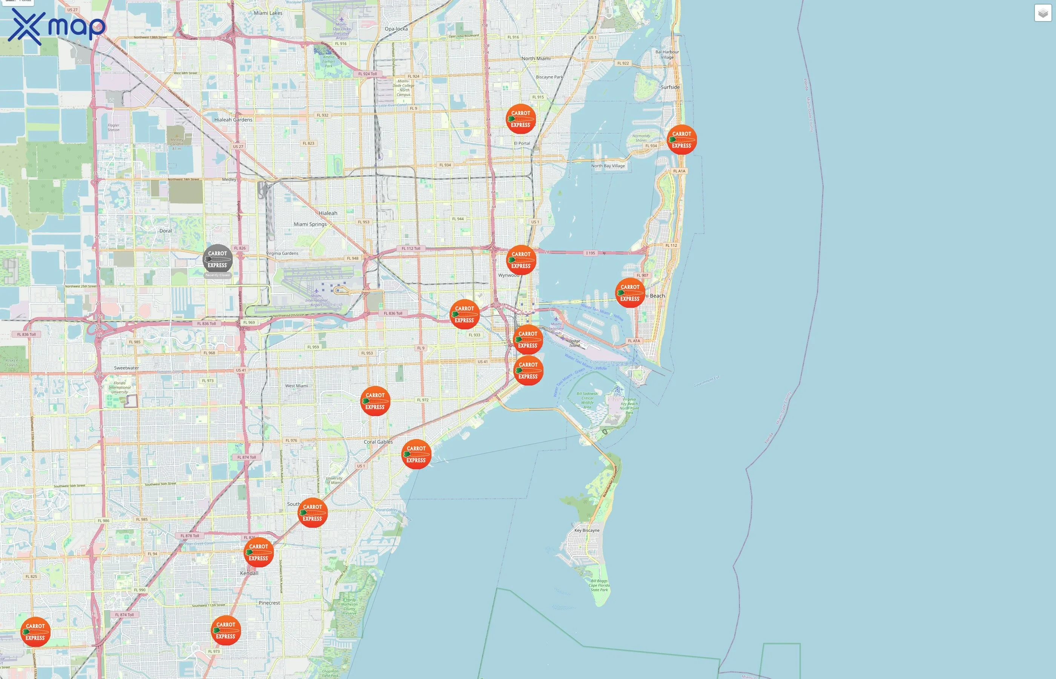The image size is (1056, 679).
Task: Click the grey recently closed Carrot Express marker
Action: tap(217, 259)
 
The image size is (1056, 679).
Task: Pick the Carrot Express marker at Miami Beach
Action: tap(630, 293)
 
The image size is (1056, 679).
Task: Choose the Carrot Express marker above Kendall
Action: tap(258, 552)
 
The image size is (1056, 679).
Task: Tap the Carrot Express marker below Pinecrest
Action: tap(226, 630)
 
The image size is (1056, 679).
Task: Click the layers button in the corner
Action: tap(1043, 13)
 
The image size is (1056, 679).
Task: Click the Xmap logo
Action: tap(57, 26)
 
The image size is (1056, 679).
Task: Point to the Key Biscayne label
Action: tap(586, 530)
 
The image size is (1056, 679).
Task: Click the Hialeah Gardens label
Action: tap(233, 120)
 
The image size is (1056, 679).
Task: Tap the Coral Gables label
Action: tap(378, 442)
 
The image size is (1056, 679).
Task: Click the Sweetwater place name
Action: tap(126, 368)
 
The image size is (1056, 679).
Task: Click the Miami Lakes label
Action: tap(268, 13)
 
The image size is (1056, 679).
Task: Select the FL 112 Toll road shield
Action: tap(411, 249)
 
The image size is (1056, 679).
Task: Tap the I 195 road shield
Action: tap(590, 253)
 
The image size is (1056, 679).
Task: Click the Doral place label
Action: tap(165, 231)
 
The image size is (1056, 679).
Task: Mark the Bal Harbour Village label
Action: tap(667, 55)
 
